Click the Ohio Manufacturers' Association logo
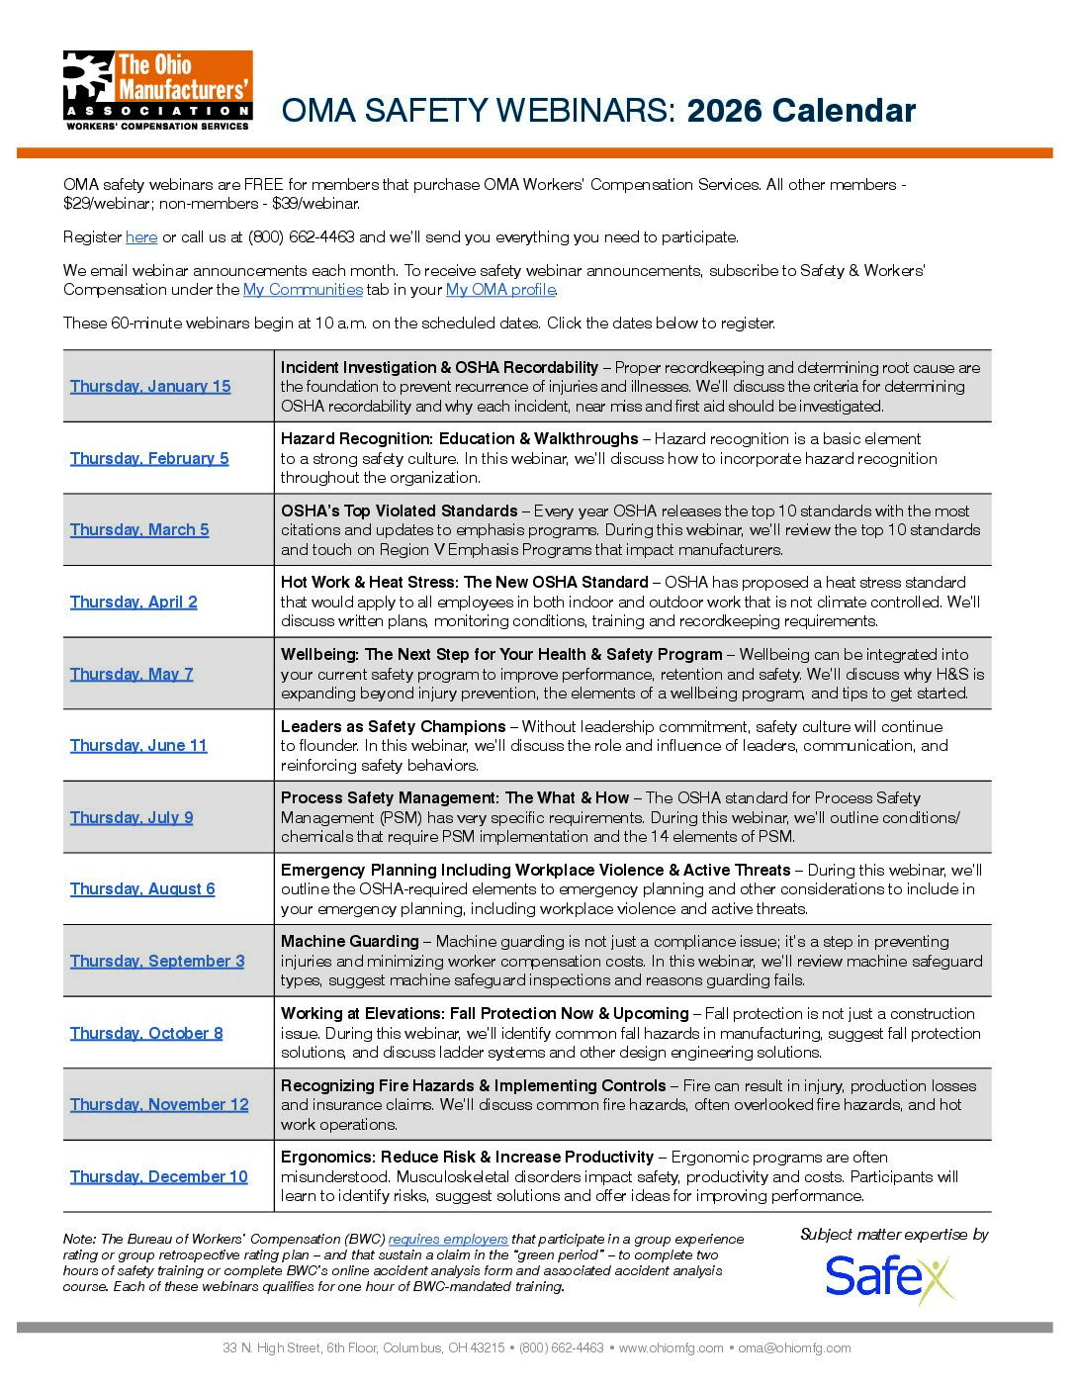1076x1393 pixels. pos(157,90)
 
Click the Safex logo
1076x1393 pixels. pos(889,1277)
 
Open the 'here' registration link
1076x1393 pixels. pos(141,237)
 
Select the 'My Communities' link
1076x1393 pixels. pos(303,290)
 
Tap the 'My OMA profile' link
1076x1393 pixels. pos(500,290)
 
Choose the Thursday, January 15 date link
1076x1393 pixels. pos(150,387)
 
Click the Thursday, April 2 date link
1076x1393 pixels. pos(134,603)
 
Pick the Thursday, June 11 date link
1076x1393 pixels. pos(138,746)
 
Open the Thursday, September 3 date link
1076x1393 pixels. pos(157,962)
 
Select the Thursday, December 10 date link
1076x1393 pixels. pos(158,1177)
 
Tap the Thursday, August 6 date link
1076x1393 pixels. pos(142,889)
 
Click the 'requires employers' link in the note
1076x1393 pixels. pos(448,1240)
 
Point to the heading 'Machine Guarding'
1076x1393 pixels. pos(349,942)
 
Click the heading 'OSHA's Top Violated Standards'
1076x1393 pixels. pos(399,511)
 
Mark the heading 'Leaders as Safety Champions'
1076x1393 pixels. pos(393,727)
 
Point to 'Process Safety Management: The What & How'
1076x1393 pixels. pos(454,798)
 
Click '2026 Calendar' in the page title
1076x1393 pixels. pos(801,111)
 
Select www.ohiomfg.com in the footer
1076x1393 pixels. pos(671,1348)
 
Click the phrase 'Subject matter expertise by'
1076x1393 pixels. pos(894,1235)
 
